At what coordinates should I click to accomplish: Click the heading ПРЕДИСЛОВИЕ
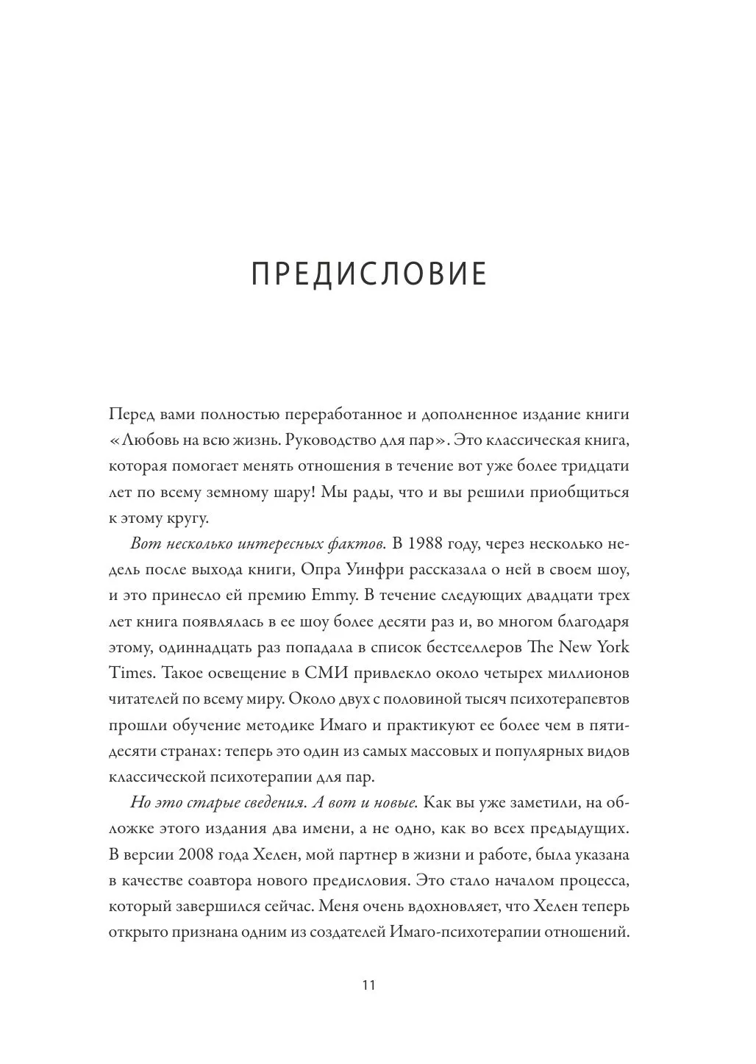369,274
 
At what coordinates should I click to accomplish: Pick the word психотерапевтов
565,699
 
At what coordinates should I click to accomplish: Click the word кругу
186,518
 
